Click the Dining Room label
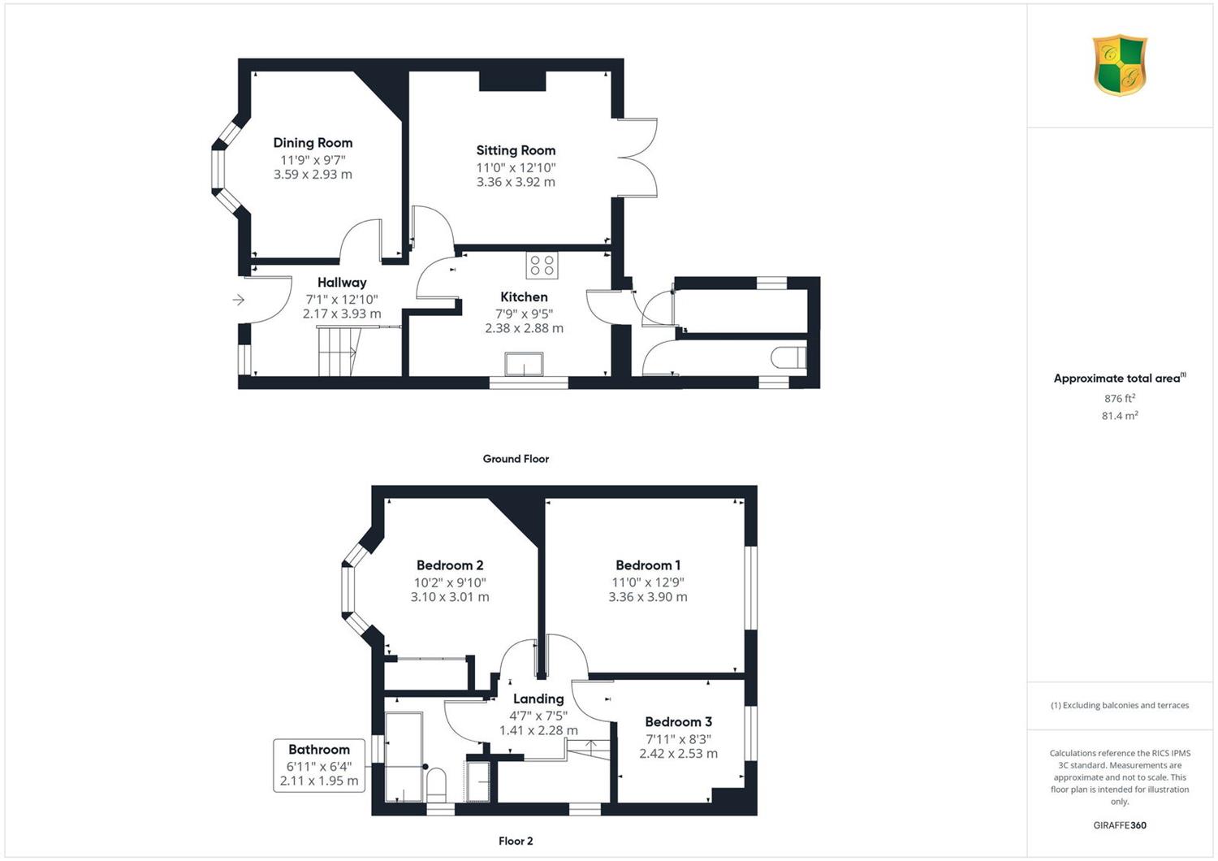313,142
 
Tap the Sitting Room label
516,150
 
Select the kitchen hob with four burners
542,266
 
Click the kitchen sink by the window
524,364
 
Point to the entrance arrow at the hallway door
239,300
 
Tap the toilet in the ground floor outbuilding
788,357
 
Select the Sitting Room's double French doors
637,158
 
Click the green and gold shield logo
1120,65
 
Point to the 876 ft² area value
1120,398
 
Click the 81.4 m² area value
1120,416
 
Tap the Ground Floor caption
516,458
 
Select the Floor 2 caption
516,841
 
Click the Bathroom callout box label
319,750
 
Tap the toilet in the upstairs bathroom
435,785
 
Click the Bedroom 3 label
679,722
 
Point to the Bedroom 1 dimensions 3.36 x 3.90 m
648,597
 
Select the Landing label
538,699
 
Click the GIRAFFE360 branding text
1120,825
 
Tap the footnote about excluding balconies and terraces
1120,705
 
